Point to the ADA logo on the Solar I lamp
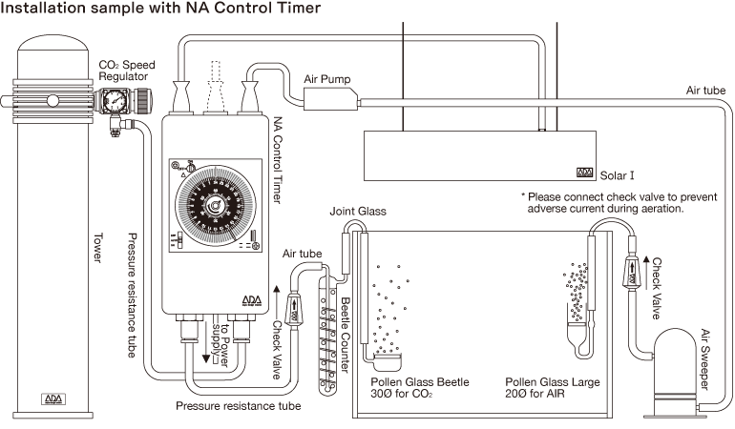(584, 174)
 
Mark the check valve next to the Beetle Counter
(295, 310)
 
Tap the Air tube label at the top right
(705, 90)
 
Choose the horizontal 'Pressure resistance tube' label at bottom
(239, 407)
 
